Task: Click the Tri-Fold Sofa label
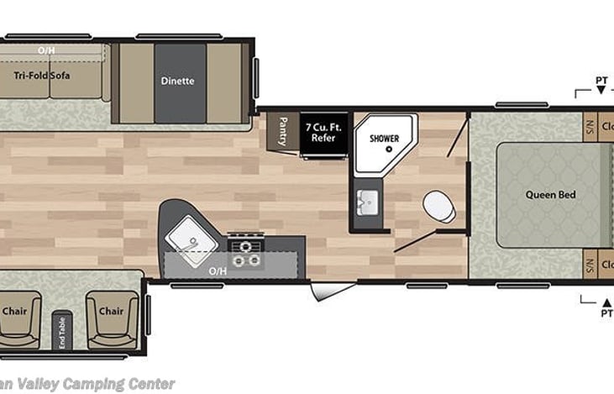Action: pos(42,76)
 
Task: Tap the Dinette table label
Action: pos(177,81)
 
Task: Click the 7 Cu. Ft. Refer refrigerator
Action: pos(324,132)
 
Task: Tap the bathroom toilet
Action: pos(436,205)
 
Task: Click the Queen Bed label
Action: pos(550,195)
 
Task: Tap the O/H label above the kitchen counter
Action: pos(218,272)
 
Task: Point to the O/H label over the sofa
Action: pos(46,50)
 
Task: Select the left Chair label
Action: pos(13,311)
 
